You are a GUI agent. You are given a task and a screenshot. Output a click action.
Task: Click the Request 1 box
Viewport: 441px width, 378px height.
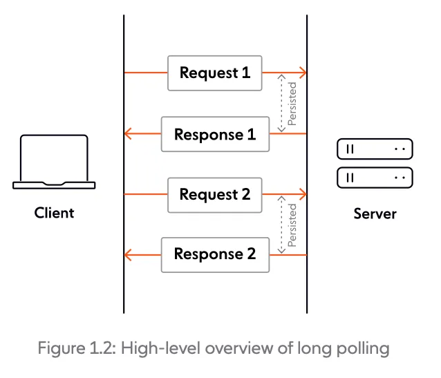[215, 73]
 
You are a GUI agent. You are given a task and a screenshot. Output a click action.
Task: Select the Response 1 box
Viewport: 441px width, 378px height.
[215, 134]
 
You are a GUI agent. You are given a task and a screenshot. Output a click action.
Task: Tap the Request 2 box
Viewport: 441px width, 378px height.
[215, 195]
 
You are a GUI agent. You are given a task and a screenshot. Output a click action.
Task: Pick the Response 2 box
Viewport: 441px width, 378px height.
[215, 254]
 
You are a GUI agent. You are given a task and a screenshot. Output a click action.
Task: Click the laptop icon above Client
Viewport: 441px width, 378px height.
[54, 162]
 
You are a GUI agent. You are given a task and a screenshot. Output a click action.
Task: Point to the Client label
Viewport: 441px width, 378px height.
[54, 213]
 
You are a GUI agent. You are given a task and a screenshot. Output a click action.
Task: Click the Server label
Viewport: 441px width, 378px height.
[375, 214]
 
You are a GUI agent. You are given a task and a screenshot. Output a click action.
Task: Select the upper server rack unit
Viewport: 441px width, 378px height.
[374, 149]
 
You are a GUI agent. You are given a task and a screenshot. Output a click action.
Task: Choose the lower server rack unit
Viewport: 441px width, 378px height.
[374, 178]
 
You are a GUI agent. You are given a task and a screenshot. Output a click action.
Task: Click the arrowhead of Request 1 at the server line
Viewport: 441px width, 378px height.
[303, 73]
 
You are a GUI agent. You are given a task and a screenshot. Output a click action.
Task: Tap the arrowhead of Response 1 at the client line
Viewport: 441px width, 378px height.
[128, 134]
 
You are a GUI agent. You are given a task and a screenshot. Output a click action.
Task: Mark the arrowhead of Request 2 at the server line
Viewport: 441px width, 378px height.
[303, 195]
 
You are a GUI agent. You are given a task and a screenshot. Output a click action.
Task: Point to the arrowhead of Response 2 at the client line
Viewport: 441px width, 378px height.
[128, 255]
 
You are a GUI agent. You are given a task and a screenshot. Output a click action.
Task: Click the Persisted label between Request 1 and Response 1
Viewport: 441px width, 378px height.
[292, 104]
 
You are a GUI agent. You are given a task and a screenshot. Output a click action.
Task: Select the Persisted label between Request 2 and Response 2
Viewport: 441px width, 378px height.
[292, 225]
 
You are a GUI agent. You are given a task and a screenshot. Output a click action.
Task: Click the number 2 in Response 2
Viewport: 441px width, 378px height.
[250, 254]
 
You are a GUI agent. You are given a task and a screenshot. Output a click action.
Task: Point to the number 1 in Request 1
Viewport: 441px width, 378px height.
[245, 73]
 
